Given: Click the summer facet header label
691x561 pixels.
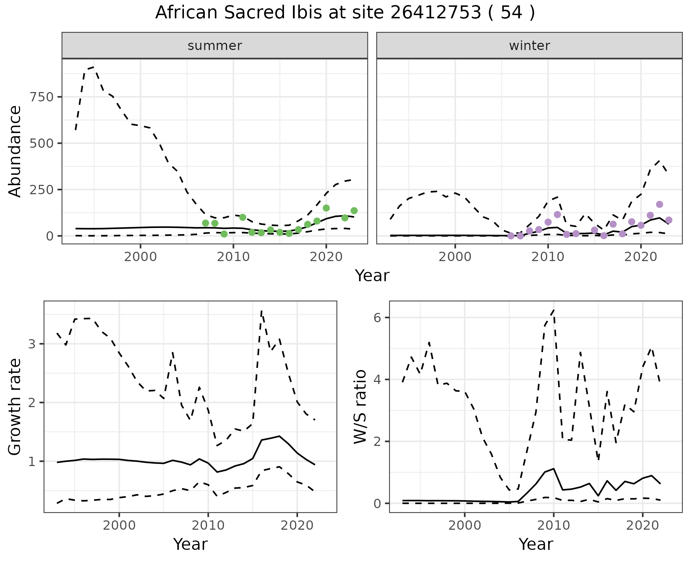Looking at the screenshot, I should [215, 46].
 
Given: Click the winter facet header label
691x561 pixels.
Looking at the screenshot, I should [529, 46].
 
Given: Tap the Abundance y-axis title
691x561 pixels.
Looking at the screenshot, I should [15, 151].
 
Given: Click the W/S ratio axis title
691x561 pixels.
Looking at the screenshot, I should [360, 406].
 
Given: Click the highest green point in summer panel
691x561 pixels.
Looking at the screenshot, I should [326, 208].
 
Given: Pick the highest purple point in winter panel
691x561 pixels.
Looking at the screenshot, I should [659, 204].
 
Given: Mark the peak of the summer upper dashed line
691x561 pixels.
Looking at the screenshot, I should [94, 67].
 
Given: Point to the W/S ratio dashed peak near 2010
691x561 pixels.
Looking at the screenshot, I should [554, 310].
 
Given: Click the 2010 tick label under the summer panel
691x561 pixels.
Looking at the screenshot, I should [233, 257].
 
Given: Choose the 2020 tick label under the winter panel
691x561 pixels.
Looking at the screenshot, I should [641, 257].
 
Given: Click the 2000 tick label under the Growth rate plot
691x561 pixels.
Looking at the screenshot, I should [119, 525].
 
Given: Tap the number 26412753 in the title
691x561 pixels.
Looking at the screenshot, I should [436, 13].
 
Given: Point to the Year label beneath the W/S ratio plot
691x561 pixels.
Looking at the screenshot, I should [536, 544].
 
